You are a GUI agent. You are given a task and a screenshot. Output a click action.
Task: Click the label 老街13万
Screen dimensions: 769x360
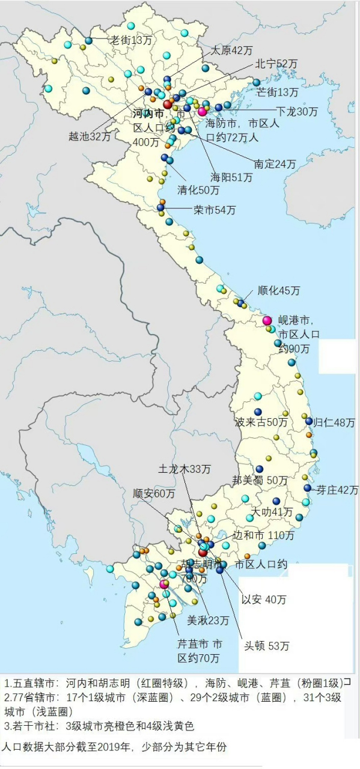[131, 40]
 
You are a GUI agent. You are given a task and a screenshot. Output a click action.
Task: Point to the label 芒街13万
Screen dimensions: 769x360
[277, 92]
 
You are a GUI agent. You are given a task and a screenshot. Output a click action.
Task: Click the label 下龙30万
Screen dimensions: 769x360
[297, 111]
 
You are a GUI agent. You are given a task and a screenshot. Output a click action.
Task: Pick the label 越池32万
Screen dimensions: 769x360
[90, 136]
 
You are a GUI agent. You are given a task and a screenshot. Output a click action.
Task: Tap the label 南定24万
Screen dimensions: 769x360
[275, 163]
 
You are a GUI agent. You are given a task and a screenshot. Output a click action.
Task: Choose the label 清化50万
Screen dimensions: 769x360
[198, 190]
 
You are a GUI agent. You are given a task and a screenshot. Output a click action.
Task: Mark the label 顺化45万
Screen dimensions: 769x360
[278, 291]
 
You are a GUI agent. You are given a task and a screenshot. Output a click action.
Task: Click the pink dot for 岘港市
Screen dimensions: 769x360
[267, 320]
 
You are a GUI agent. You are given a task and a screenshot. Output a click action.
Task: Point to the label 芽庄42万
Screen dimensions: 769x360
[337, 490]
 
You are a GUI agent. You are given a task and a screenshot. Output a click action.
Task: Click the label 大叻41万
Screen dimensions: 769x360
[272, 512]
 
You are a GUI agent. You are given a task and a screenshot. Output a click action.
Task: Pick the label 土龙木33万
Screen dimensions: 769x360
[185, 468]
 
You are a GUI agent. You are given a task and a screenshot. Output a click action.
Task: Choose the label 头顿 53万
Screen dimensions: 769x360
[266, 646]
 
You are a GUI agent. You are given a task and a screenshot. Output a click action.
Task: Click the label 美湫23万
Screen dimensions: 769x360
[208, 620]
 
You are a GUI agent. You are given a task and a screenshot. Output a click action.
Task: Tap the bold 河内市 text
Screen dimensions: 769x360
[148, 114]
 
